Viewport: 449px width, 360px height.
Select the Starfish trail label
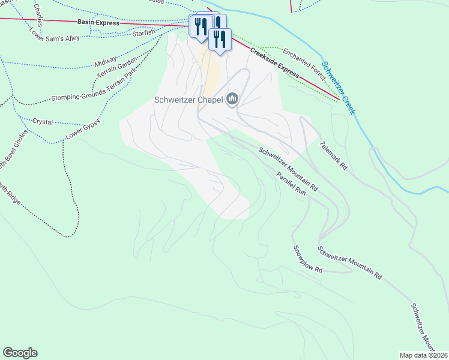point(144,31)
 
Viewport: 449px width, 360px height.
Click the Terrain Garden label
point(118,71)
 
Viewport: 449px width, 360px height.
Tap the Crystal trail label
point(43,121)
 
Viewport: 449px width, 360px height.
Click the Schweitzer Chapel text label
point(188,100)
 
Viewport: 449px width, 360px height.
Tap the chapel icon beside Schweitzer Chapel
point(232,100)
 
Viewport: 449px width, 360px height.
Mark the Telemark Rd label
point(334,156)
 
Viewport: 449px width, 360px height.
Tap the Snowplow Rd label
point(308,259)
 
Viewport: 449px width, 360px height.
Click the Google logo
point(20,353)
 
